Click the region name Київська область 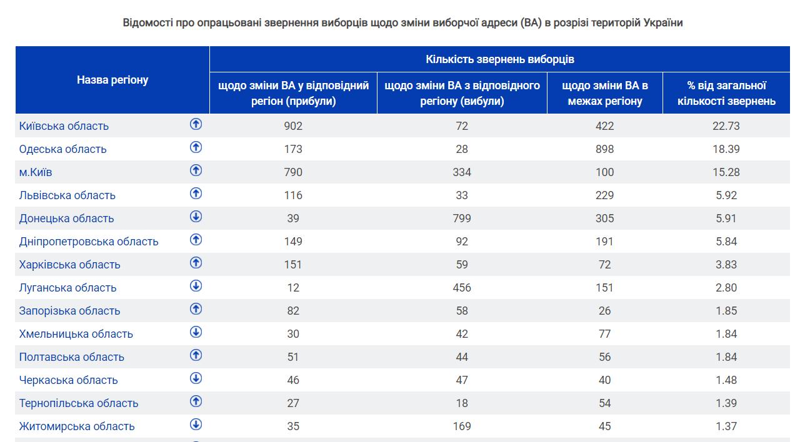[64, 126]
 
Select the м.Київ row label [36, 172]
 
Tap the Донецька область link [66, 219]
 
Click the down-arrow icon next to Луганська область [196, 286]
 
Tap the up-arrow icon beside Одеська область [196, 147]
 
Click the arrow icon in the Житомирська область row [196, 425]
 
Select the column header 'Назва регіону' [112, 80]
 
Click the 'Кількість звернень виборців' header [500, 59]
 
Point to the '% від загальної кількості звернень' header [726, 93]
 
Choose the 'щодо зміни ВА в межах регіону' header [605, 93]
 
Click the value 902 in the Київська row [293, 126]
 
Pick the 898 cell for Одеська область [604, 149]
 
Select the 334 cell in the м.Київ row [462, 172]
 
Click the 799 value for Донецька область [462, 219]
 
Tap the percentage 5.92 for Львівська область [726, 195]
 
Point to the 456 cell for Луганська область [462, 288]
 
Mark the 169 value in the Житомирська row [462, 426]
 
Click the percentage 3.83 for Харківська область [726, 264]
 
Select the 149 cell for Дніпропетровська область [293, 242]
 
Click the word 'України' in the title [663, 23]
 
